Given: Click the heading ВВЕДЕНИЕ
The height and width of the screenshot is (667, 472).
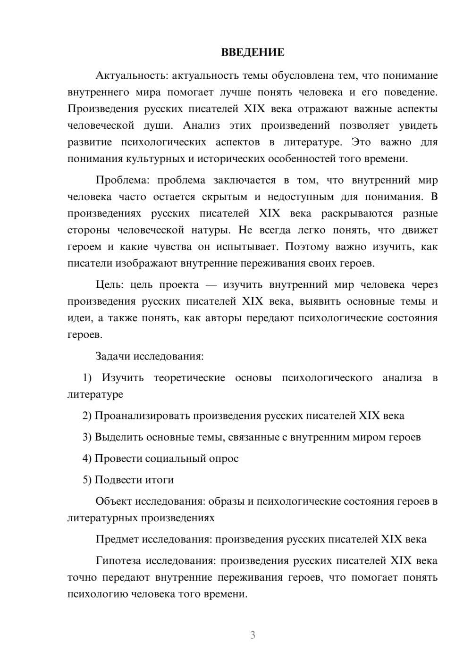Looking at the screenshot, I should click(253, 52).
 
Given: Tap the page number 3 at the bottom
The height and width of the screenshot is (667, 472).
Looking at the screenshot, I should click(253, 635).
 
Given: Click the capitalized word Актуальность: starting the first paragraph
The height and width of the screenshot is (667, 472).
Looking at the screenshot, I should click(132, 75).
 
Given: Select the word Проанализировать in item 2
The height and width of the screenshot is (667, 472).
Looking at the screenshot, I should click(142, 416).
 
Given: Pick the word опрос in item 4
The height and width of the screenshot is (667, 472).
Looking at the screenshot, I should click(223, 459).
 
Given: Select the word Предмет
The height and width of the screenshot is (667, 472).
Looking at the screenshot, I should click(117, 539).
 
